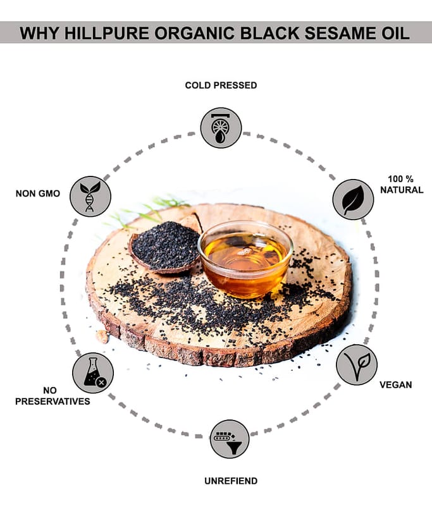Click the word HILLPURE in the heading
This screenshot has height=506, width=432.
[107, 33]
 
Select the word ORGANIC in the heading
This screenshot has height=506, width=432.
[195, 33]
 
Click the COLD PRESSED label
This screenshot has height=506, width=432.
[221, 85]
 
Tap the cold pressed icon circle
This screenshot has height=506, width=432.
[221, 128]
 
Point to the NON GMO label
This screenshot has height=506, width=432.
[38, 194]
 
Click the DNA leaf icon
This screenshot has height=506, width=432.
[90, 196]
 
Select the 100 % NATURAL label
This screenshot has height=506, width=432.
[402, 184]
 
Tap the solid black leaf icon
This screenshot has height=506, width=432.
[354, 199]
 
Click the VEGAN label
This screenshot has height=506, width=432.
[395, 385]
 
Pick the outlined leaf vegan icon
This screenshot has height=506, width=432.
[357, 365]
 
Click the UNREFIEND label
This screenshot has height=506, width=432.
[231, 481]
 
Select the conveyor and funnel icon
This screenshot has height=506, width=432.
[230, 439]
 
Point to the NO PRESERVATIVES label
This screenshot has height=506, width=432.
[52, 396]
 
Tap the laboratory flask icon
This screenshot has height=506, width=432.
[93, 373]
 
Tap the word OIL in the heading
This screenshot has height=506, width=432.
[393, 33]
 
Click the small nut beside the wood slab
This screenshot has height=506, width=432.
[102, 336]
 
